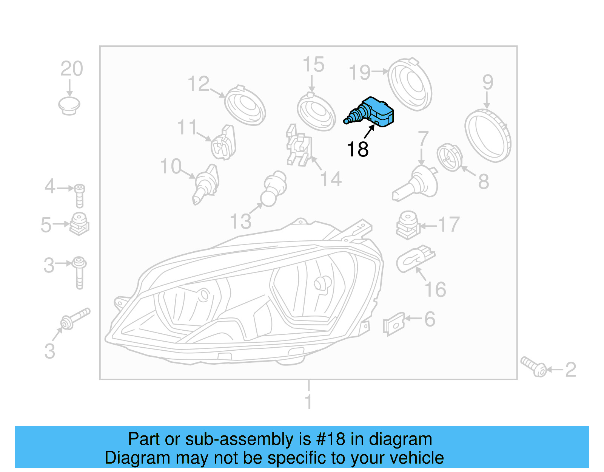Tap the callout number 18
click(357, 149)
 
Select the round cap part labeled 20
click(69, 105)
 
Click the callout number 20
click(72, 69)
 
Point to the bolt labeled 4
click(79, 195)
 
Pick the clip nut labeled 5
click(79, 224)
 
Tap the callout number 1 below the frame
click(308, 402)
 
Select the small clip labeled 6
click(394, 323)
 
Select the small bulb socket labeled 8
click(449, 157)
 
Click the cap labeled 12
click(245, 105)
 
